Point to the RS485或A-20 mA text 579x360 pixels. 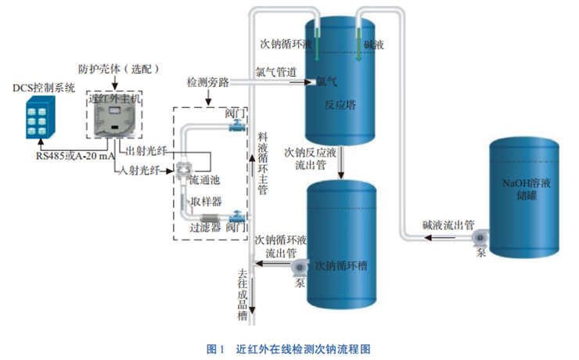point(75,156)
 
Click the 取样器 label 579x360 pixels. point(207,200)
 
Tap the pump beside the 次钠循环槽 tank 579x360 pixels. point(300,268)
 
